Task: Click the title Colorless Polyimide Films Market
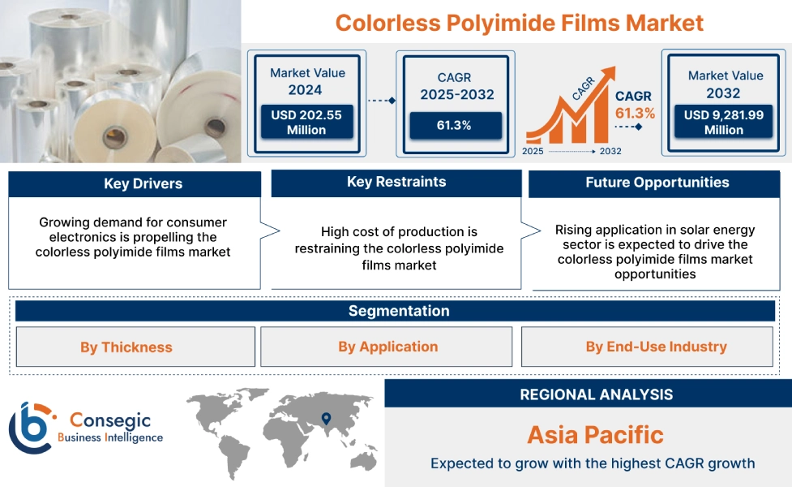tap(520, 22)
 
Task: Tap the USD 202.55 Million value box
tap(306, 123)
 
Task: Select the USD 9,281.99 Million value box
tap(724, 123)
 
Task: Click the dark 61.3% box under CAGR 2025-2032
tap(456, 125)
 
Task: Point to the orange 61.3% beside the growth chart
tap(635, 113)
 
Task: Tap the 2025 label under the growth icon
tap(533, 151)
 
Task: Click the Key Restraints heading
tap(396, 182)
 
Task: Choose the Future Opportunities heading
tap(657, 183)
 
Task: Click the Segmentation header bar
tap(398, 311)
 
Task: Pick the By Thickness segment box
tap(126, 347)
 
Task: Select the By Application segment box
tap(387, 347)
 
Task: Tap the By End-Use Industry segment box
tap(656, 347)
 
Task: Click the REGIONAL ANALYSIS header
tap(596, 394)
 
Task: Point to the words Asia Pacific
tap(595, 434)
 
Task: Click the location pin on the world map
tap(326, 419)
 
